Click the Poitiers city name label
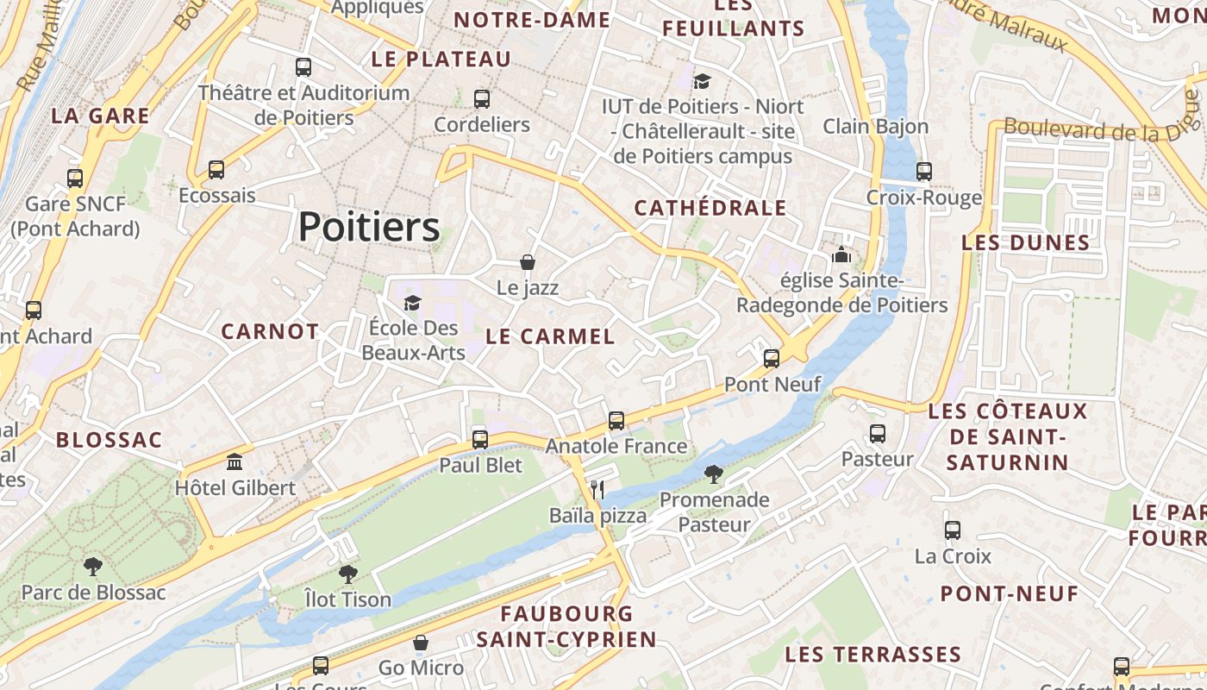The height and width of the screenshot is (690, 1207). [369, 228]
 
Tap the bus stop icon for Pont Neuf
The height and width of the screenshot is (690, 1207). [772, 358]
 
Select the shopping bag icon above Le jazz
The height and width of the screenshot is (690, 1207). [528, 262]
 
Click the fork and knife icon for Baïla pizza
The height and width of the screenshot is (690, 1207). [597, 490]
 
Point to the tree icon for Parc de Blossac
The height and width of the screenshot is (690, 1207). [92, 567]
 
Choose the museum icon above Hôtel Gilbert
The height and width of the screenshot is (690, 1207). [235, 461]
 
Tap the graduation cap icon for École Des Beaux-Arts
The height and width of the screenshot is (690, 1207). [413, 303]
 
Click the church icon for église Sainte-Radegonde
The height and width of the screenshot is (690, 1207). [841, 254]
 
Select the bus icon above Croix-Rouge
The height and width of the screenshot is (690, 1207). [924, 171]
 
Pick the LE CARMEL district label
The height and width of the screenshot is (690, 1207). [551, 336]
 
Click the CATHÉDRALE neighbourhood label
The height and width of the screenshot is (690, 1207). [710, 208]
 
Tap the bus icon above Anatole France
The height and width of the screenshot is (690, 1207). [616, 420]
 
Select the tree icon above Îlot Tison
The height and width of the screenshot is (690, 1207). [347, 574]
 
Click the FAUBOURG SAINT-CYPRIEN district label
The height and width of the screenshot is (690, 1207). [566, 627]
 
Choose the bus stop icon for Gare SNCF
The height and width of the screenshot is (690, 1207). [75, 179]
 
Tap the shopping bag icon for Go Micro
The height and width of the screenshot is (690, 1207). [421, 643]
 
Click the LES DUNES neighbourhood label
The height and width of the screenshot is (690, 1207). [1026, 242]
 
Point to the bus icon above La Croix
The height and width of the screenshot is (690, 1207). [953, 530]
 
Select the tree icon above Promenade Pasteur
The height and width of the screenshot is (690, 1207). [714, 474]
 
